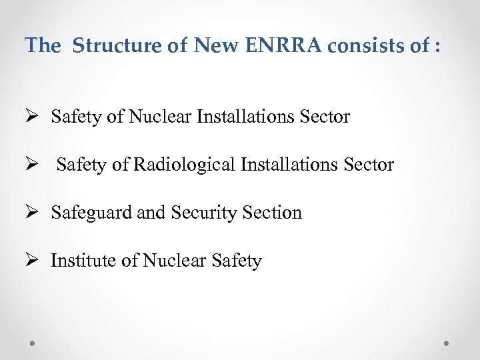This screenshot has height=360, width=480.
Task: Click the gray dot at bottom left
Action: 33,343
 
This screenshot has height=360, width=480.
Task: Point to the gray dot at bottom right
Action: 447,343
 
